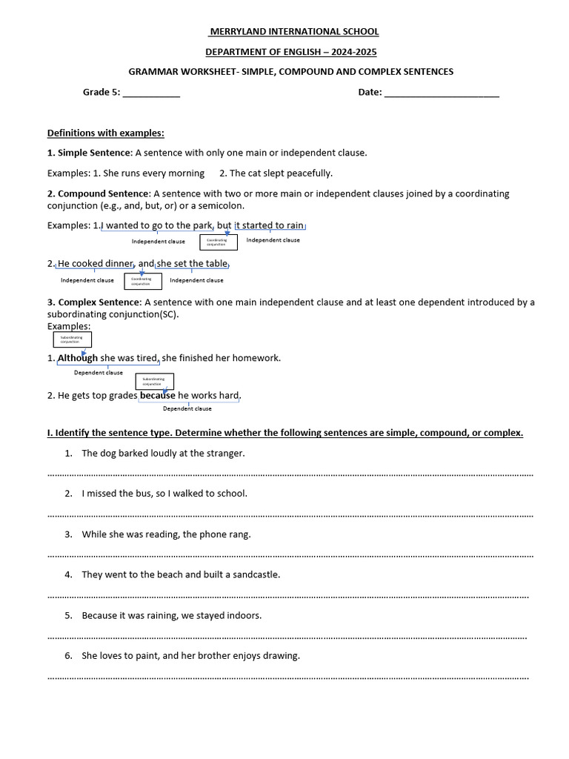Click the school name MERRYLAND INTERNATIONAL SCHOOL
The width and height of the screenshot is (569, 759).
point(293,32)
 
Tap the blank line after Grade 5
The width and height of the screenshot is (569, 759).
point(151,94)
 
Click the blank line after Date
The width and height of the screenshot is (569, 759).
point(442,94)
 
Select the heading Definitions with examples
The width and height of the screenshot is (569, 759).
point(105,133)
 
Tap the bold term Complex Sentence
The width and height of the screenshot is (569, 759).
point(98,302)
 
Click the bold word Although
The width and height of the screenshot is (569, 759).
point(78,358)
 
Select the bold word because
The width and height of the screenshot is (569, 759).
point(157,395)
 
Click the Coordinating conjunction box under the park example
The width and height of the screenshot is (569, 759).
point(218,242)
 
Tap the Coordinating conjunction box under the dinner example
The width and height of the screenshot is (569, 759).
point(142,281)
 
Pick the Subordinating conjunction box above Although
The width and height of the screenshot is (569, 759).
point(71,339)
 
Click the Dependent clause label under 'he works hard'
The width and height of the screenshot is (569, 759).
point(187,408)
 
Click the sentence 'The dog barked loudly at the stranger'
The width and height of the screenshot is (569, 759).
point(163,453)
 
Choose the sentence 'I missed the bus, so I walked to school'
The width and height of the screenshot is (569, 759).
point(164,493)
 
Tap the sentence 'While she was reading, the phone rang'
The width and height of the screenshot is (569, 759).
point(166,534)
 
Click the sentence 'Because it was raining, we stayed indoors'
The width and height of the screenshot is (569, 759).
point(172,615)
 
